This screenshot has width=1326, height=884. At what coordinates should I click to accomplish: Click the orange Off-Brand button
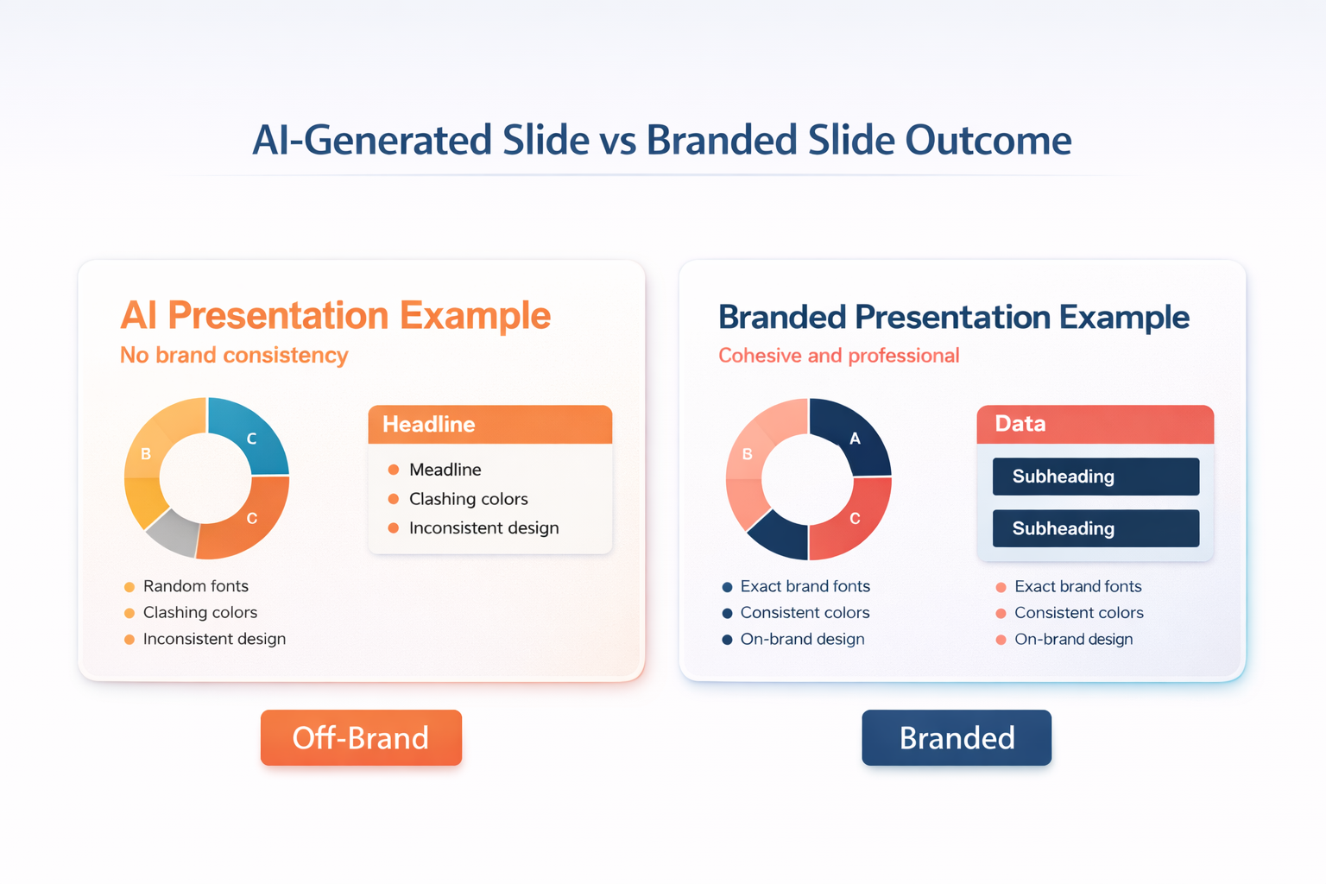361,737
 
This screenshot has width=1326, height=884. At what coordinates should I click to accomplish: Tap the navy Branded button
957,737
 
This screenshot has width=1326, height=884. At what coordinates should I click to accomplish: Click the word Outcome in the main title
988,141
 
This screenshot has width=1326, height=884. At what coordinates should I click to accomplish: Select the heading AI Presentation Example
335,316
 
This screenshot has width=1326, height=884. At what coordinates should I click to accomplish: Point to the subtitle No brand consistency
234,356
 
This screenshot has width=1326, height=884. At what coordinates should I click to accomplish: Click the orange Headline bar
490,424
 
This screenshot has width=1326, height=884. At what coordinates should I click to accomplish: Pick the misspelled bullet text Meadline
445,470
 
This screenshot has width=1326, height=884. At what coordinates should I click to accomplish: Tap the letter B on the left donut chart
146,454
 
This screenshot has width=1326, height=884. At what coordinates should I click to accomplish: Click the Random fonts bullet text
196,586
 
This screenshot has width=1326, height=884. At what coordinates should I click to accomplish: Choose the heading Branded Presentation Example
954,317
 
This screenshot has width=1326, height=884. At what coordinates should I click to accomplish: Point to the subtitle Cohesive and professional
839,356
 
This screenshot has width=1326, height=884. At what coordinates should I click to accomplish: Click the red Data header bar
1096,424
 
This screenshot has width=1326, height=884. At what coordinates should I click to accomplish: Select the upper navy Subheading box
1096,476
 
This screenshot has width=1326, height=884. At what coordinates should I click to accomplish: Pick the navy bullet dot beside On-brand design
728,640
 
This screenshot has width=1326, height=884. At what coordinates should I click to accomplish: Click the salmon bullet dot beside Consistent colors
1001,614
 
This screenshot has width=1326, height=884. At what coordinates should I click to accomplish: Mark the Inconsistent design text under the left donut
214,639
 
